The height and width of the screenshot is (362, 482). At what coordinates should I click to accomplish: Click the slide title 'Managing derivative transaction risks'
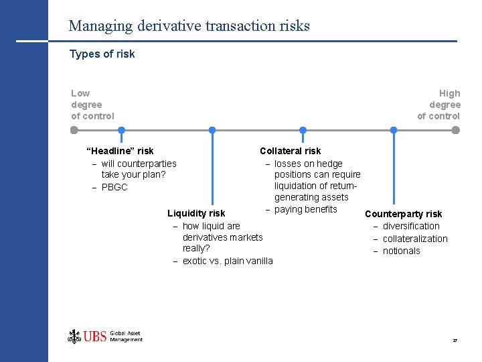(189, 26)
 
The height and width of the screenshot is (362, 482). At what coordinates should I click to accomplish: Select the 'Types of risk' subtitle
(102, 54)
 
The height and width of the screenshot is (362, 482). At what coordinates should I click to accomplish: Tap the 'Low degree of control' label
(92, 105)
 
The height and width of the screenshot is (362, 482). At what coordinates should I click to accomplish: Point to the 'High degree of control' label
(439, 105)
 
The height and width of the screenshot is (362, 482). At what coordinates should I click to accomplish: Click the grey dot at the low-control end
(74, 130)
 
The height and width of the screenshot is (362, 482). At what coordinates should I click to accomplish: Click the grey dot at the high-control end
(456, 130)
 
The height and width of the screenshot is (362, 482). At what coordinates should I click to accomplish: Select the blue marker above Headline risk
(121, 130)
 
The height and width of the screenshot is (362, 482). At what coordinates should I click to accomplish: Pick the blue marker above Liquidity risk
(212, 130)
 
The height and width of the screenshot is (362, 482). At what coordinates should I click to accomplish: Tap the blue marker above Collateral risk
(303, 130)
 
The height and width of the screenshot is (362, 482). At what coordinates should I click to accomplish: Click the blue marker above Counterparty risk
(393, 130)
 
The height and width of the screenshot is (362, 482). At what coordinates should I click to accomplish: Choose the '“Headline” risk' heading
(120, 151)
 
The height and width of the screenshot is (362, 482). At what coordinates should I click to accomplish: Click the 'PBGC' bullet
(114, 187)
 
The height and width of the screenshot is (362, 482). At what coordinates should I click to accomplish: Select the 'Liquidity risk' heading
(196, 214)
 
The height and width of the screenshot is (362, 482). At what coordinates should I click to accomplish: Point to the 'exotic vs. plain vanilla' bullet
(228, 261)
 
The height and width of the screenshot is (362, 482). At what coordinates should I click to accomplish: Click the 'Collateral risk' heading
(290, 151)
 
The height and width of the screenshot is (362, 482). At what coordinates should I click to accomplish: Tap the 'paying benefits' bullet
(306, 209)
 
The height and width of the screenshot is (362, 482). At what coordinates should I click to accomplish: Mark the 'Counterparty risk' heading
(403, 214)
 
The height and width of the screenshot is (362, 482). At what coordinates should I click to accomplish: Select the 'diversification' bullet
(411, 226)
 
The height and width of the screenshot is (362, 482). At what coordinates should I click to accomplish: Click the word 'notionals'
(402, 251)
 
